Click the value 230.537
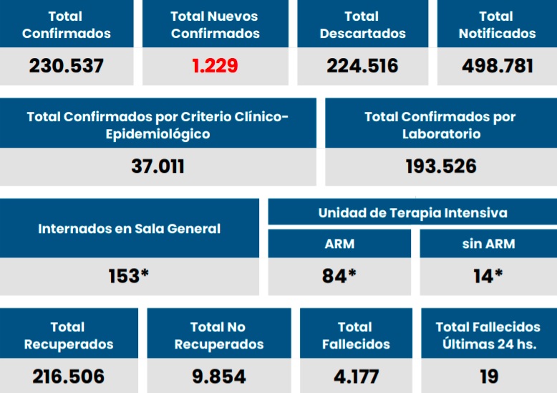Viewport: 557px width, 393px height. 67,66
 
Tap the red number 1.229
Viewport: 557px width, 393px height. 215,66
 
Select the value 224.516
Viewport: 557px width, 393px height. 362,66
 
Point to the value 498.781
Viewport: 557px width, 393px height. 497,66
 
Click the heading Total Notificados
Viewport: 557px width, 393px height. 497,24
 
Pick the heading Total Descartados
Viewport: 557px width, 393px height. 362,24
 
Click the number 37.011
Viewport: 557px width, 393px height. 158,166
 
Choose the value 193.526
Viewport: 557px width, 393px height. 440,166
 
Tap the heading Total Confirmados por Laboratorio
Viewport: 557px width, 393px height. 440,125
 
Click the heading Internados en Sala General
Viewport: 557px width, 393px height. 129,229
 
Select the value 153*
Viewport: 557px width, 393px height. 129,276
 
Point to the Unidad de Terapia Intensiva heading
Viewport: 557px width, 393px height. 412,213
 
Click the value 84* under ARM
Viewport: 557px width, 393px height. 339,276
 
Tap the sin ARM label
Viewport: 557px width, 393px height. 488,244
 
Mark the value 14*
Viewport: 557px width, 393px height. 488,276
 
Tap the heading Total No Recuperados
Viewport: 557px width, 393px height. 219,335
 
